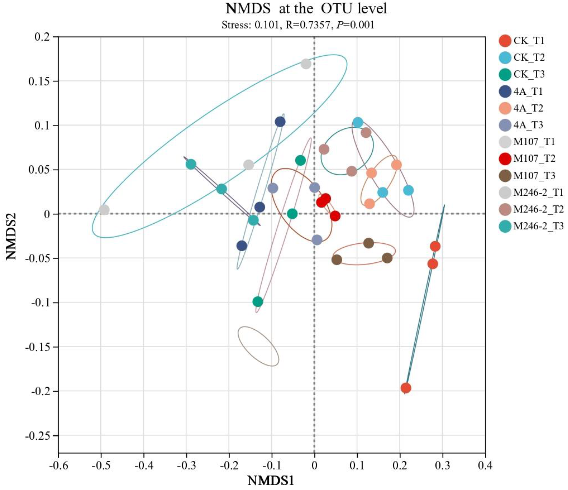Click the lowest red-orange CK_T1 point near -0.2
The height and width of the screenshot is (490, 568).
406,388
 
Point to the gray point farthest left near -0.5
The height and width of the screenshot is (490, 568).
104,210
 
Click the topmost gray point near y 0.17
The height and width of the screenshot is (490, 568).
306,64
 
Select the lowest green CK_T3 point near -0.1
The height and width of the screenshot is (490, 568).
258,302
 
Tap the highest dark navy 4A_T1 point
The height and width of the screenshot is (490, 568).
280,122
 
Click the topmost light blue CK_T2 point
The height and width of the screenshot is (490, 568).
358,122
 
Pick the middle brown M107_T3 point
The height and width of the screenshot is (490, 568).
369,243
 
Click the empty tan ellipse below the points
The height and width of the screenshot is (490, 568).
258,346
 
